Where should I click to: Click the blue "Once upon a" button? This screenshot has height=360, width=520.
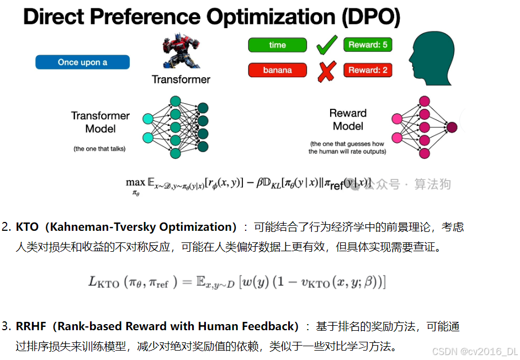tap(82, 62)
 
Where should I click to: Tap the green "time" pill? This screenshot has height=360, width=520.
tap(277, 45)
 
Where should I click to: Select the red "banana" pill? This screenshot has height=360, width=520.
tap(277, 70)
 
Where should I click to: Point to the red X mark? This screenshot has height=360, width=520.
tap(326, 71)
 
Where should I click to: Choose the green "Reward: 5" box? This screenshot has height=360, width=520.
tap(368, 45)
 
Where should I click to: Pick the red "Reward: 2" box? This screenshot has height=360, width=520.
tap(368, 70)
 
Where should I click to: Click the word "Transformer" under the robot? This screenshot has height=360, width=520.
tap(181, 80)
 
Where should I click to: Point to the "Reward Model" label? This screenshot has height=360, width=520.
tap(348, 120)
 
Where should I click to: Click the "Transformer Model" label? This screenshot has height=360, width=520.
tap(100, 122)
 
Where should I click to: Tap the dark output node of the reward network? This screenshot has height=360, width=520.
tap(452, 128)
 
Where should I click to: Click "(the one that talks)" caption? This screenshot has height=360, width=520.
tap(99, 149)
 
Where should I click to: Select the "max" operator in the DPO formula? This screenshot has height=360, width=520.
tap(135, 182)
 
